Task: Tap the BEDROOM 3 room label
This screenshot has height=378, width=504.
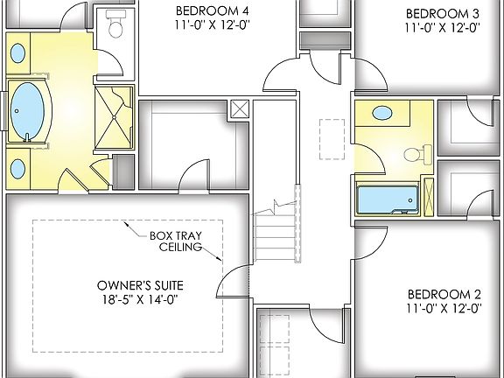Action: (x=443, y=13)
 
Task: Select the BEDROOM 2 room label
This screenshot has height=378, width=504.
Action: (x=442, y=294)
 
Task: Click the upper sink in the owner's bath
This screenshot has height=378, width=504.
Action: (x=17, y=53)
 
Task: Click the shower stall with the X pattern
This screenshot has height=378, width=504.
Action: (x=115, y=122)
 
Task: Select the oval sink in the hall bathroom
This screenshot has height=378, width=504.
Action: (x=382, y=113)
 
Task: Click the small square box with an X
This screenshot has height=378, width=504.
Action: (x=239, y=110)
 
